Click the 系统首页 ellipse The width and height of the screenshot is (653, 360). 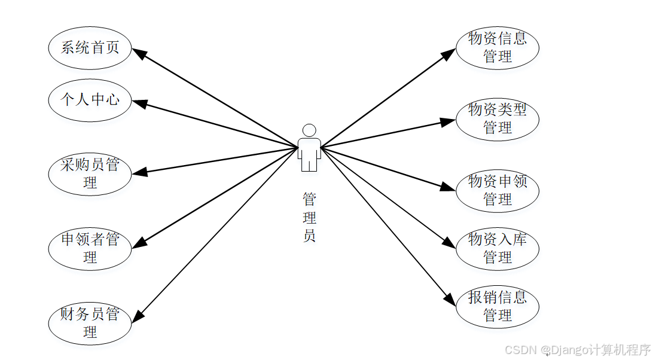click(90, 48)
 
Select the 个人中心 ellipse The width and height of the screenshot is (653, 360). click(90, 100)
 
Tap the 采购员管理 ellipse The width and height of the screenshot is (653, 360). click(90, 173)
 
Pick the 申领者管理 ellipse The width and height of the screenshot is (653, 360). click(90, 248)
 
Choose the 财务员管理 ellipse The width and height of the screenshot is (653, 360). click(90, 323)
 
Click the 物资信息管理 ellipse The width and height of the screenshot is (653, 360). click(498, 48)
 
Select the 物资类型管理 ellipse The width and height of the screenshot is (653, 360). click(498, 118)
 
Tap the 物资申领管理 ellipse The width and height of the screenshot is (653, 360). click(498, 190)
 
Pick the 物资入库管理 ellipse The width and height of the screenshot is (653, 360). click(498, 248)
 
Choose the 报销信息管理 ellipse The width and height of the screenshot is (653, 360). click(498, 306)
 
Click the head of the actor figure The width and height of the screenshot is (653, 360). click(309, 130)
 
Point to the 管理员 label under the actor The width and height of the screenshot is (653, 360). click(309, 216)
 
